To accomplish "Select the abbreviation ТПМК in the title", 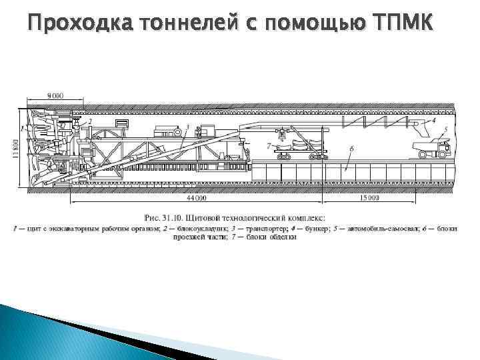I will point(404,24).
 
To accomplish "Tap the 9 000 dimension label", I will point(55,96).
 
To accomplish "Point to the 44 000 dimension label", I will point(197,198).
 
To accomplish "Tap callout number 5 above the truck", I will point(445,130).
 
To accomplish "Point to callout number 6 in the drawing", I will point(351,147).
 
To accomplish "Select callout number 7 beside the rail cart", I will point(267,145).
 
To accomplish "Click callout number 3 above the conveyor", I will point(187,127).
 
